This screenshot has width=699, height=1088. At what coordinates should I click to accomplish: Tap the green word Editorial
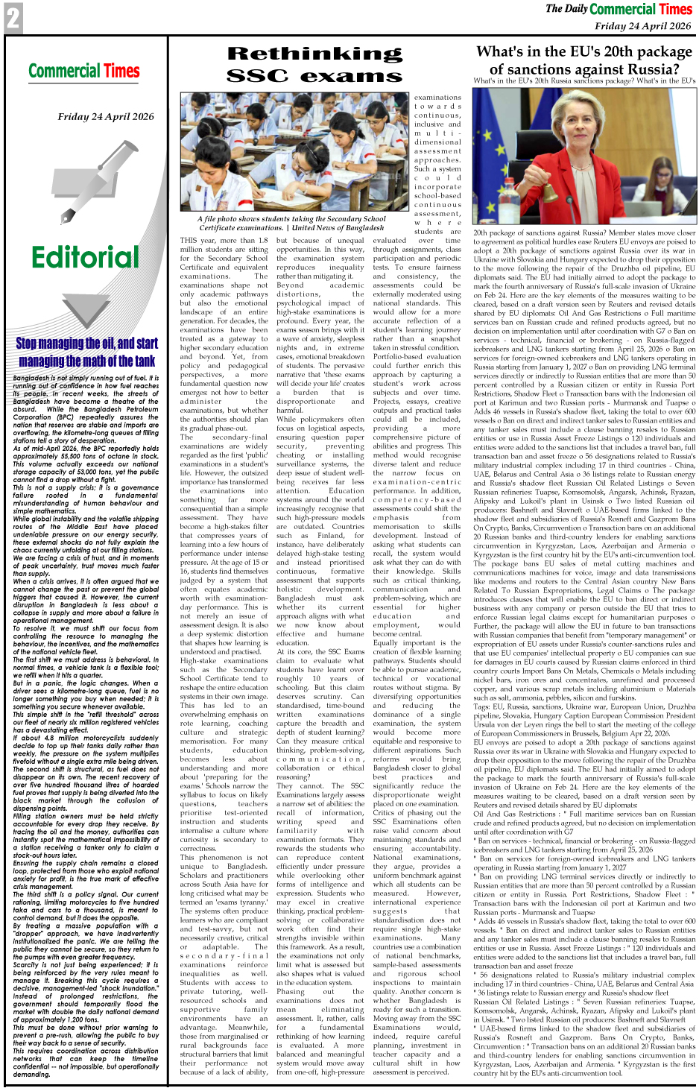point(85,258)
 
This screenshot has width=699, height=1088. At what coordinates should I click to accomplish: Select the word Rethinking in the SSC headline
point(314,54)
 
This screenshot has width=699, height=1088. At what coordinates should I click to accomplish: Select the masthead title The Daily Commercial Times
point(619,10)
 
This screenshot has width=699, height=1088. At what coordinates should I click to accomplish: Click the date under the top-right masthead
point(642,26)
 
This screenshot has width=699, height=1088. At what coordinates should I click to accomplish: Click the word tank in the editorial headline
point(142,361)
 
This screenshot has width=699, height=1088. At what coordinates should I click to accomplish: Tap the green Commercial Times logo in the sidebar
point(84,72)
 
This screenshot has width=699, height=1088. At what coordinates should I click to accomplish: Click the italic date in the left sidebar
point(106,116)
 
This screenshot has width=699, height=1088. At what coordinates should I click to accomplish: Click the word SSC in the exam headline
point(257,76)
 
